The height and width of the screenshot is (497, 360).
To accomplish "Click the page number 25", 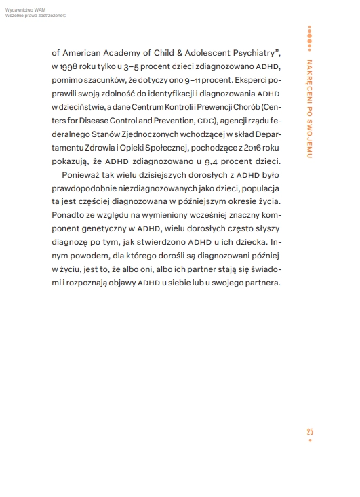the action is [x=309, y=432].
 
